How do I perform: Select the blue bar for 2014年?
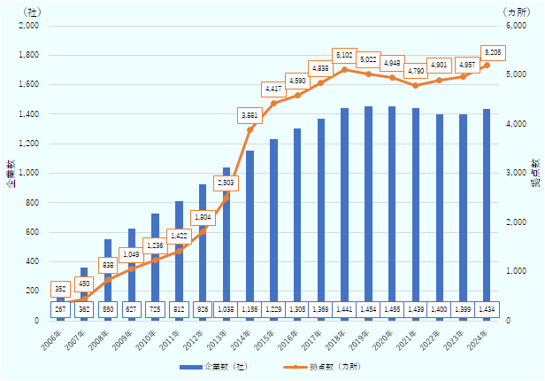click(249, 225)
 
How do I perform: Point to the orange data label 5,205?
click(493, 52)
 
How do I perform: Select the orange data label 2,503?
click(226, 182)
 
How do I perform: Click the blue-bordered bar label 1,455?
click(392, 310)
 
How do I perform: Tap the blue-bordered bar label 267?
click(60, 310)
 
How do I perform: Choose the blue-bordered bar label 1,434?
click(487, 310)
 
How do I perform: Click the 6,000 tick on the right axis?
click(517, 26)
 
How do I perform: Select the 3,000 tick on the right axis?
click(517, 173)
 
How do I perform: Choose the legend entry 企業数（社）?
click(211, 366)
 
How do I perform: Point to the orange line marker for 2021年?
click(415, 85)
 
